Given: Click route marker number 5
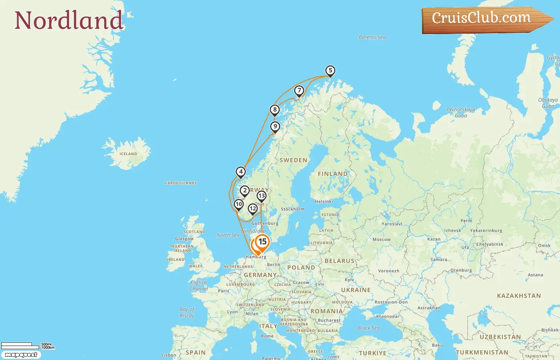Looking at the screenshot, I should coord(330,71).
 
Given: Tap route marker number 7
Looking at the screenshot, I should coord(299,91).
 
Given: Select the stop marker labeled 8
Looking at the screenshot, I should coord(274,110).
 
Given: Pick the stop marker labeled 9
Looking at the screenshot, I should coord(275,127).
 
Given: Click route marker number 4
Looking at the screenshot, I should coord(240,172).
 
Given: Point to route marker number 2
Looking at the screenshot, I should coord(245,191).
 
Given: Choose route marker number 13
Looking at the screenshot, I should coord(261,196).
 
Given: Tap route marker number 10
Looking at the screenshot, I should coord(239,204).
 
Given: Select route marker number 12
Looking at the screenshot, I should coord(252,208).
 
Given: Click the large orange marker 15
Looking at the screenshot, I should coord(262,242).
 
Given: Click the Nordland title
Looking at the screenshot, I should coord(68,20).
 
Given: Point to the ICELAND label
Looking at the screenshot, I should coord(128,154).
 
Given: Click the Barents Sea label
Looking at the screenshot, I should coord(372,37).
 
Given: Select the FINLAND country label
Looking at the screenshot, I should coord(332,174).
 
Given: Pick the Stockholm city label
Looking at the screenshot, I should coord(292,209).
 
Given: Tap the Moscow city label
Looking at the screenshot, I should coord(381,240).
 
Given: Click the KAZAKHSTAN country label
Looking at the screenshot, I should coord(518,296).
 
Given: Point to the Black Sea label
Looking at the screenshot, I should coord(368,328).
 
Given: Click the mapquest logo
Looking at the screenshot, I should coord(21,355).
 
